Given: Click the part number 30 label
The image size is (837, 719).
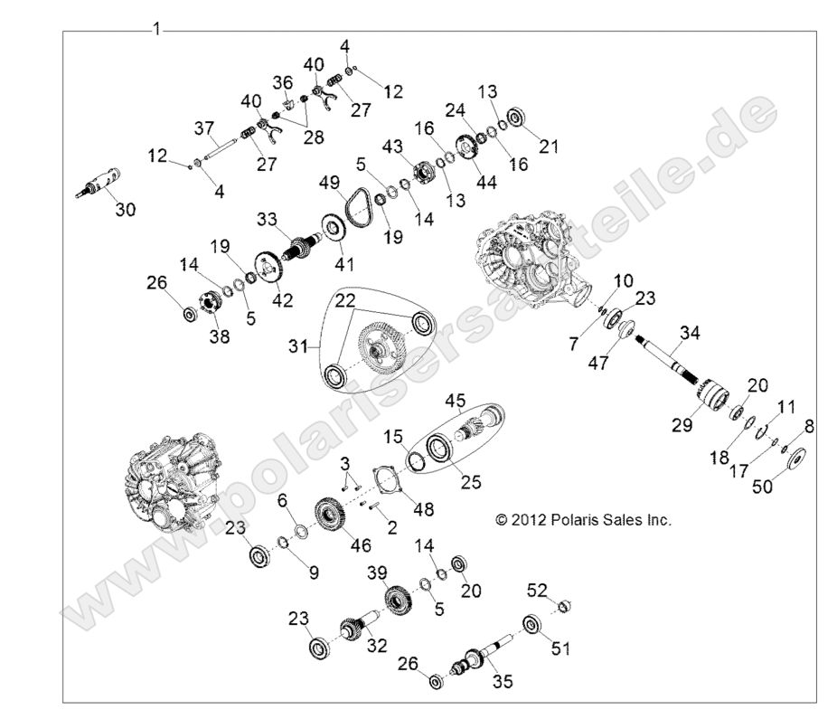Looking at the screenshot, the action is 126,209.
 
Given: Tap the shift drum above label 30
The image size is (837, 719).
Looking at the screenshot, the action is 99,183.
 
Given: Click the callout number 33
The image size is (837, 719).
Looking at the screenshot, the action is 267,219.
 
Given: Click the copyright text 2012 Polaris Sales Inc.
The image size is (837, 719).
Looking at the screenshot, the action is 583,519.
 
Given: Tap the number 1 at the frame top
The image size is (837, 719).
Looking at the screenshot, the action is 156,29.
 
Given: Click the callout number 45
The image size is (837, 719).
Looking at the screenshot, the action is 456,400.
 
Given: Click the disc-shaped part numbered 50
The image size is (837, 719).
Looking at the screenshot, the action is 795,458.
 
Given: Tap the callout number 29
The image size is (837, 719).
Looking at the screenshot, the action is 682,425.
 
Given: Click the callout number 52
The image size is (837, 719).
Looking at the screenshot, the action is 537,590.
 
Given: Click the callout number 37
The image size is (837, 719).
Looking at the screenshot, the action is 204,128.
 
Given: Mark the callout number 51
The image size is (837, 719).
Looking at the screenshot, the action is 560,648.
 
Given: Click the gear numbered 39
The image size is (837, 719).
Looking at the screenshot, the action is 399,601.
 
